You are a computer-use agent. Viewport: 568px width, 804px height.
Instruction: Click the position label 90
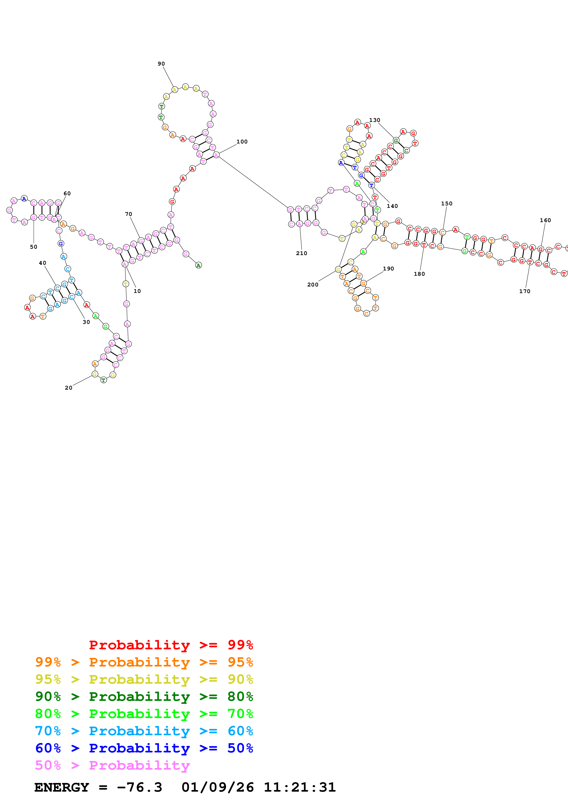tap(161, 64)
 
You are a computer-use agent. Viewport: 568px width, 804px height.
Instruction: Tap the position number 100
tap(242, 142)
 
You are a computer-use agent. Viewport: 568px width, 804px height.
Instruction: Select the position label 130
tap(374, 120)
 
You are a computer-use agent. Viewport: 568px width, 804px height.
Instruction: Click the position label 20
tap(69, 388)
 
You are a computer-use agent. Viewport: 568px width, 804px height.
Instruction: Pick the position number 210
tap(301, 253)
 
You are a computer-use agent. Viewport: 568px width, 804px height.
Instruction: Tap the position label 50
tap(34, 247)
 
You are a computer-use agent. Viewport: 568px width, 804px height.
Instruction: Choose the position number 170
tap(525, 291)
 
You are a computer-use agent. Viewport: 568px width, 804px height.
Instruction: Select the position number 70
tap(129, 214)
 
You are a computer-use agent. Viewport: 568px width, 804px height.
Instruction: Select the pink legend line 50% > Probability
tap(112, 765)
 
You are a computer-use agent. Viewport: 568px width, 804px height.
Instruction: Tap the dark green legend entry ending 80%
tap(144, 697)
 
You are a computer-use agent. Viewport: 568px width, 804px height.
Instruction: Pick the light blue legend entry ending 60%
tap(144, 731)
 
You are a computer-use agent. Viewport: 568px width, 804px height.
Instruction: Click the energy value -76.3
tap(139, 787)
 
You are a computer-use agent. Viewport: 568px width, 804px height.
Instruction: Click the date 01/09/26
tap(218, 787)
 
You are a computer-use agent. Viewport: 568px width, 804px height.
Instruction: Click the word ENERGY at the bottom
tap(62, 787)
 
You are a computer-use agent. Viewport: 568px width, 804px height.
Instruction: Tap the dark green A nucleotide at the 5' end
tap(198, 265)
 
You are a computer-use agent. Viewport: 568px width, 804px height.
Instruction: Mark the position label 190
tap(388, 269)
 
